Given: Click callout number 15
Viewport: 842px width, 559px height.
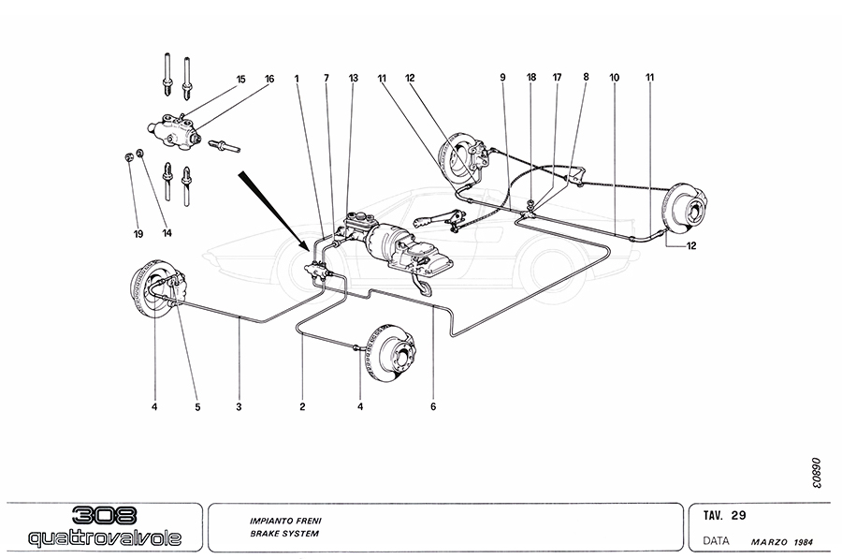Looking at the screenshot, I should (x=240, y=80).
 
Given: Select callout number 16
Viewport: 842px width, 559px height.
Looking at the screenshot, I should (x=269, y=80).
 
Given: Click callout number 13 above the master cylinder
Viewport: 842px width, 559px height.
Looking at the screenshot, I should (x=353, y=80).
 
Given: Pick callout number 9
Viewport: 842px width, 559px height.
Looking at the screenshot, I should (x=502, y=80).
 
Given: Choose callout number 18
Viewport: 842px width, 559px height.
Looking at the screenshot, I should (x=530, y=80).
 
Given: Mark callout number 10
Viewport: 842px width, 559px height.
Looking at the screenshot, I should (x=615, y=80).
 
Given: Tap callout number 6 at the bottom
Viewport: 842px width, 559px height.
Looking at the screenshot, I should (x=433, y=406).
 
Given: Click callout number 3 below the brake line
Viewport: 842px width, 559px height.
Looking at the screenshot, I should (x=240, y=406).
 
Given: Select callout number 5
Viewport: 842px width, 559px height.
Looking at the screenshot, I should (x=197, y=406).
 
